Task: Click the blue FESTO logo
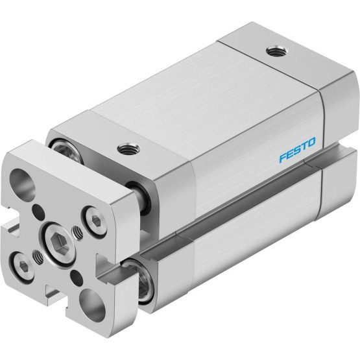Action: (x=298, y=150)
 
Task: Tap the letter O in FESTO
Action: (x=312, y=142)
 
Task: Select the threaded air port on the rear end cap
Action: (x=275, y=51)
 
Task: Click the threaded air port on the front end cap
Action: (x=128, y=149)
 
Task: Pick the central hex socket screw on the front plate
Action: (x=60, y=241)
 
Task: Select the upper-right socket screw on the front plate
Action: (x=95, y=221)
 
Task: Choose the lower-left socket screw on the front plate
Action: (x=22, y=267)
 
